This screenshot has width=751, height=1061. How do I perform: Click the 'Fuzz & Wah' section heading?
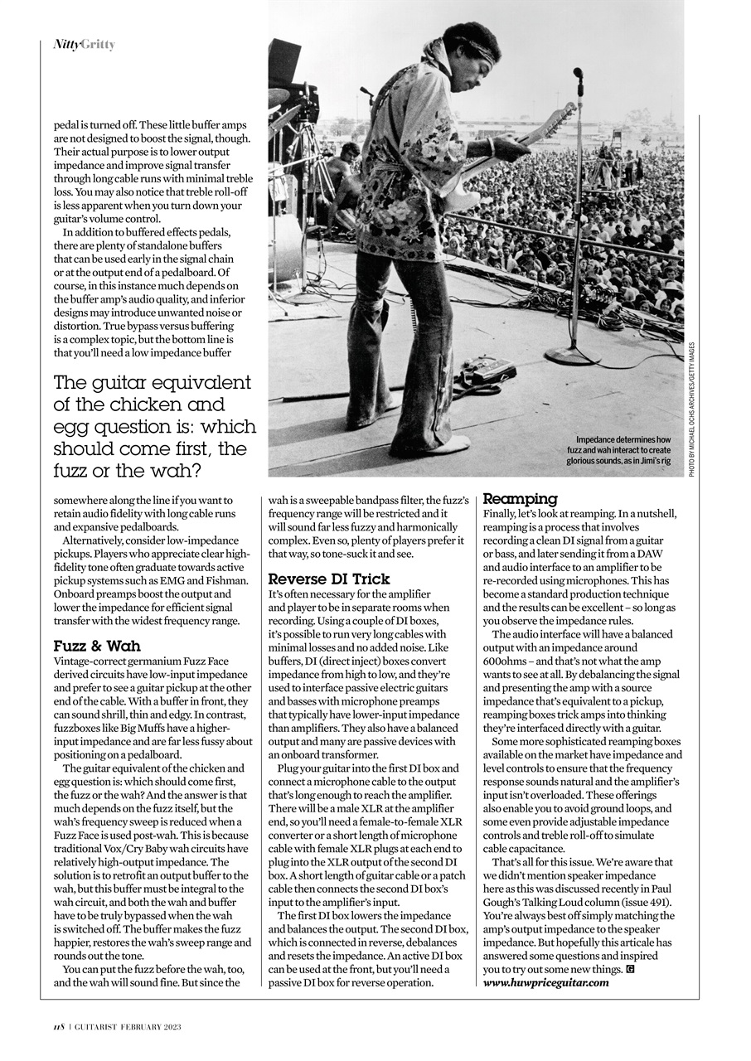[x=97, y=646]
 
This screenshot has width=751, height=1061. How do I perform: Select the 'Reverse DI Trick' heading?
[x=329, y=579]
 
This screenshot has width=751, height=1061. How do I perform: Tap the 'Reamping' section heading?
[x=520, y=499]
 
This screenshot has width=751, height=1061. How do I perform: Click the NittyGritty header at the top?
[x=84, y=44]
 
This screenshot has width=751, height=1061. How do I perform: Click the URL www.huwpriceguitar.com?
[x=545, y=982]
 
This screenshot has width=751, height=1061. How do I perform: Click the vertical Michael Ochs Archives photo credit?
[x=691, y=409]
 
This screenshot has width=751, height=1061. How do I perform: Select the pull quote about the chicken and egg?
[x=154, y=426]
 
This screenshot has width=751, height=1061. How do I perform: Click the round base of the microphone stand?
[x=573, y=356]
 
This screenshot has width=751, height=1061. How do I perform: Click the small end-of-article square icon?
[x=631, y=969]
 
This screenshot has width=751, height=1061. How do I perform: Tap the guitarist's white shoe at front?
[x=444, y=448]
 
